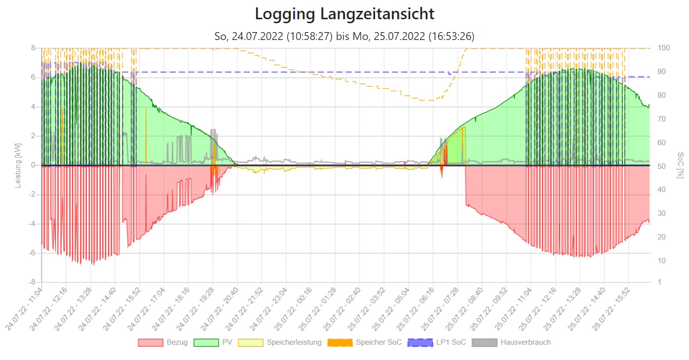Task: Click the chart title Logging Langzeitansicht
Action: click(x=344, y=14)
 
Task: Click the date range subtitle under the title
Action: click(x=344, y=36)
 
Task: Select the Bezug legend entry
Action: click(x=163, y=342)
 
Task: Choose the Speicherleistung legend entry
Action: click(x=280, y=342)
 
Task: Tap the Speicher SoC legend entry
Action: click(x=365, y=342)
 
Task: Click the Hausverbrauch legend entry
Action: click(x=511, y=342)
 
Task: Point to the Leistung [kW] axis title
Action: click(x=18, y=165)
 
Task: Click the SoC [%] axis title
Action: click(x=681, y=165)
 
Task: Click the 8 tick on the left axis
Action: click(x=33, y=48)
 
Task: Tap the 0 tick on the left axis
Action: click(x=33, y=165)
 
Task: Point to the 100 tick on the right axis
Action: click(x=663, y=48)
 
